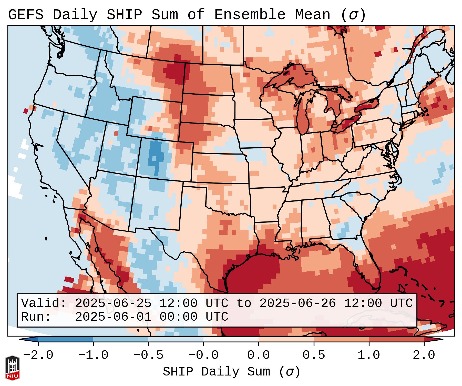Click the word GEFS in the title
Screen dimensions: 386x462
[26, 15]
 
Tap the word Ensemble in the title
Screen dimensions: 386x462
[250, 15]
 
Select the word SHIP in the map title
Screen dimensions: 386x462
[124, 15]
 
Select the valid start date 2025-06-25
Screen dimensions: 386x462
[113, 303]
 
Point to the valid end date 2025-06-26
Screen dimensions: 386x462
[297, 303]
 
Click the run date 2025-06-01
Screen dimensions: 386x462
[113, 317]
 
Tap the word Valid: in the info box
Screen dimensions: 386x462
[44, 303]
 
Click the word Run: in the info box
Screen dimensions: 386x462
[36, 317]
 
